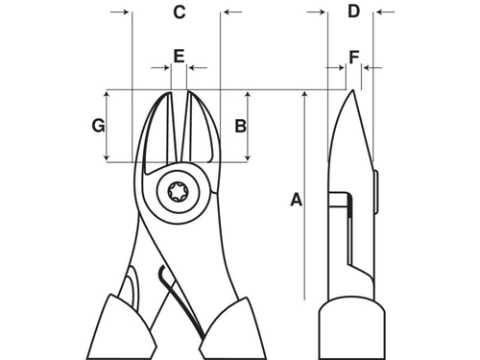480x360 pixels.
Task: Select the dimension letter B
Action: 241,125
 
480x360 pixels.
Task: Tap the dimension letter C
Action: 179,12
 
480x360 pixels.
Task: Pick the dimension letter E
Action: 179,56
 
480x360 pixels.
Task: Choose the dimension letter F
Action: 354,58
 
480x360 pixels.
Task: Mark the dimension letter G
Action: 97,125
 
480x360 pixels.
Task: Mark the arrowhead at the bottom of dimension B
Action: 250,156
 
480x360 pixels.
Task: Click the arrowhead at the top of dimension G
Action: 107,95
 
